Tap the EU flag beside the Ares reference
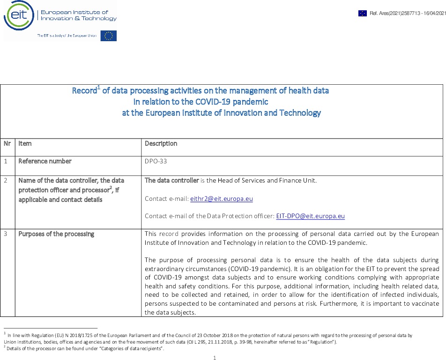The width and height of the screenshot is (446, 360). [x=363, y=13]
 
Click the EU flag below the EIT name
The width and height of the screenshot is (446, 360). [x=109, y=36]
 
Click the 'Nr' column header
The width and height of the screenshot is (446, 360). [x=7, y=144]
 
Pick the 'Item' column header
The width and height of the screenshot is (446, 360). [x=25, y=144]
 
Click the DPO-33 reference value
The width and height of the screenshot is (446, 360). [x=156, y=162]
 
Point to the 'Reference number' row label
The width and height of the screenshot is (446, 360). [x=45, y=162]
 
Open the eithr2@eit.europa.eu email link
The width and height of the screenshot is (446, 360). [x=221, y=199]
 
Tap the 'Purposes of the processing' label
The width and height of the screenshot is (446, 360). [x=56, y=234]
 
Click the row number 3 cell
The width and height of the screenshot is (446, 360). [x=6, y=234]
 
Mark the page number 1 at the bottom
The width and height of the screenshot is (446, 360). [x=214, y=358]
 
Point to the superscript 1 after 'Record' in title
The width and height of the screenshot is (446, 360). [x=99, y=88]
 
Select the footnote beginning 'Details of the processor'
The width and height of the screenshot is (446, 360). [x=84, y=349]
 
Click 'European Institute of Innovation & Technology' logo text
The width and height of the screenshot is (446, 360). [x=79, y=15]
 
